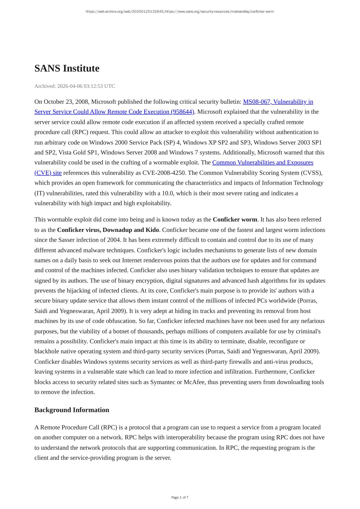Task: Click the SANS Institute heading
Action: [67, 68]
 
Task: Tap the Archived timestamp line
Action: [74, 86]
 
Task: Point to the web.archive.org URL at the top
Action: [180, 12]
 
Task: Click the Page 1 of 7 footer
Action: [180, 497]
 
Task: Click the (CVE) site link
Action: [48, 173]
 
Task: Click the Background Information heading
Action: [72, 410]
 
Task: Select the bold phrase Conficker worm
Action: [235, 219]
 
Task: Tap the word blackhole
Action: [47, 351]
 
